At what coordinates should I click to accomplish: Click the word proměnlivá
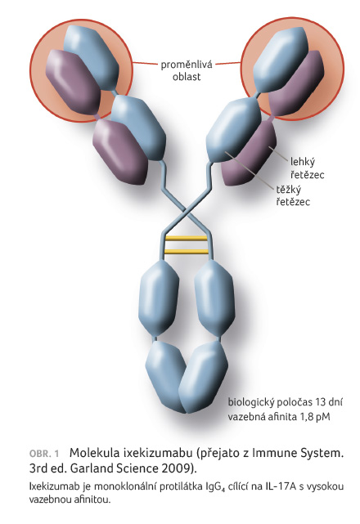[x=187, y=65]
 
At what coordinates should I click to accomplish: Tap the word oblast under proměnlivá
[x=187, y=77]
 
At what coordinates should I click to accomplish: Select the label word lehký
[x=303, y=162]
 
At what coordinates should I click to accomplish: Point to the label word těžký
[x=288, y=190]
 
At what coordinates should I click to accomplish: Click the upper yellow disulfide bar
[x=187, y=238]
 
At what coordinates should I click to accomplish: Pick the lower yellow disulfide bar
[x=187, y=251]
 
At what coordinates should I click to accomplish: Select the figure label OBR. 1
[x=44, y=454]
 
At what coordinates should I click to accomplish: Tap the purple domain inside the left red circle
[x=73, y=81]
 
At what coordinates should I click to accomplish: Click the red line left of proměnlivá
[x=145, y=64]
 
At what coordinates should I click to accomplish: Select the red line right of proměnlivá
[x=228, y=63]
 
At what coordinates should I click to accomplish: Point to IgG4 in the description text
[x=215, y=487]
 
